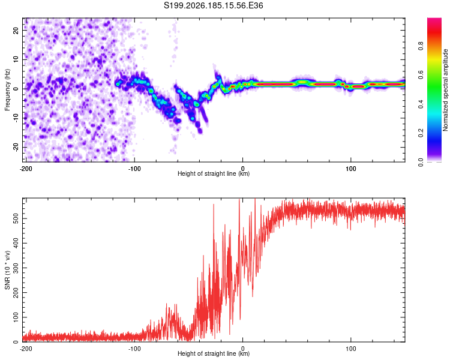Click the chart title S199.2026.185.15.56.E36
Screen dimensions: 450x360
click(213, 5)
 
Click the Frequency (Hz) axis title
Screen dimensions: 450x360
click(7, 90)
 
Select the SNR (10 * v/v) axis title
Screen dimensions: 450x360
click(7, 270)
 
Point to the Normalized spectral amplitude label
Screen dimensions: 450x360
click(445, 90)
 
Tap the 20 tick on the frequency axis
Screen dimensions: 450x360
click(16, 30)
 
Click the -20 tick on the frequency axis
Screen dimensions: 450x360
click(16, 148)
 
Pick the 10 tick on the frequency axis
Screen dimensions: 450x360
click(16, 59)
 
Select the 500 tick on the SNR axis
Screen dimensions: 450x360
click(16, 218)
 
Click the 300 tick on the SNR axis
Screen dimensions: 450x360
click(16, 268)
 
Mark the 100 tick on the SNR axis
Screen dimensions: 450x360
click(16, 317)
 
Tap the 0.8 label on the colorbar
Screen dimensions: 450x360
click(421, 46)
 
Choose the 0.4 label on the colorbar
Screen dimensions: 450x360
click(421, 104)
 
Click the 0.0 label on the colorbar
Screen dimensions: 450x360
click(421, 162)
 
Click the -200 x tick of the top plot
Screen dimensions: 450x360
click(26, 169)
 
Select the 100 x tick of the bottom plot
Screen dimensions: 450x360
click(351, 349)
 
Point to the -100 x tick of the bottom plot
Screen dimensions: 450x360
click(134, 349)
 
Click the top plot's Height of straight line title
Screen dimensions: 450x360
click(214, 173)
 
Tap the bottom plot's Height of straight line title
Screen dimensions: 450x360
click(214, 353)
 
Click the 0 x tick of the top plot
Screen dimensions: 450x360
click(243, 169)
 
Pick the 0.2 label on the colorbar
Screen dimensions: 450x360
click(421, 133)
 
